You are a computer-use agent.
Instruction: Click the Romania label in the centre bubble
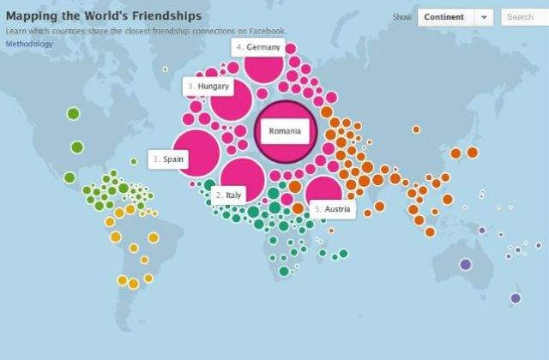pyautogui.click(x=285, y=131)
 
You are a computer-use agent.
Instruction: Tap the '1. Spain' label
pyautogui.click(x=168, y=159)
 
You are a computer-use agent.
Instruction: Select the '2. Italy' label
pyautogui.click(x=230, y=195)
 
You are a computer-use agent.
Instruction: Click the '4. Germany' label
pyautogui.click(x=256, y=47)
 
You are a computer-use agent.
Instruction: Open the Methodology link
pyautogui.click(x=28, y=43)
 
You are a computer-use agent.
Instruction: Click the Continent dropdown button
pyautogui.click(x=444, y=17)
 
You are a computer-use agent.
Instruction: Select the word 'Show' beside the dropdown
pyautogui.click(x=401, y=17)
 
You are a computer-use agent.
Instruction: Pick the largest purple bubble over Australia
pyautogui.click(x=466, y=265)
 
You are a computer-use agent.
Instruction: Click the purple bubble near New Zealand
pyautogui.click(x=516, y=298)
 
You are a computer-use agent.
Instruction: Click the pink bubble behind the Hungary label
pyautogui.click(x=232, y=101)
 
